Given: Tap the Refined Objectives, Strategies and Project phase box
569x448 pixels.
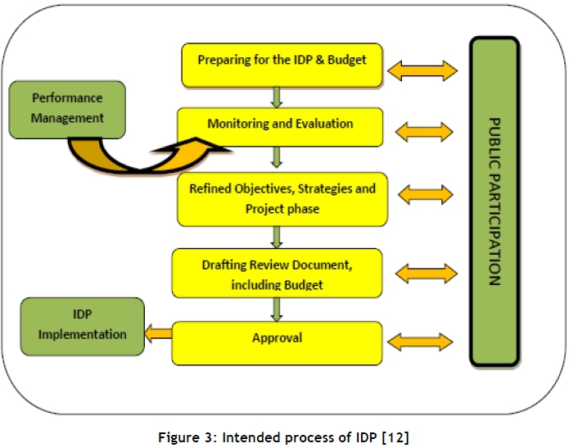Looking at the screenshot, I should (282, 199).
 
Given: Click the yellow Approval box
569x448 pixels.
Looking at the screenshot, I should (277, 342).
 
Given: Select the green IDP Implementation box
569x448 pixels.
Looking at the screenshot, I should (81, 326).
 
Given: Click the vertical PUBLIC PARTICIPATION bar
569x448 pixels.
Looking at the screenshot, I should (494, 201).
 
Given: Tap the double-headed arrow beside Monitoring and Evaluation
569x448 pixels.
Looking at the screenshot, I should (423, 130).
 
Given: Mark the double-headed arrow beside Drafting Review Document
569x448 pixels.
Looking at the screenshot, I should (424, 272).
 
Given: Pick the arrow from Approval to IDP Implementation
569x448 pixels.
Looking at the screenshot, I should (158, 333).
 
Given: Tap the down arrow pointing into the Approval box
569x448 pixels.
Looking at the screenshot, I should (277, 309).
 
